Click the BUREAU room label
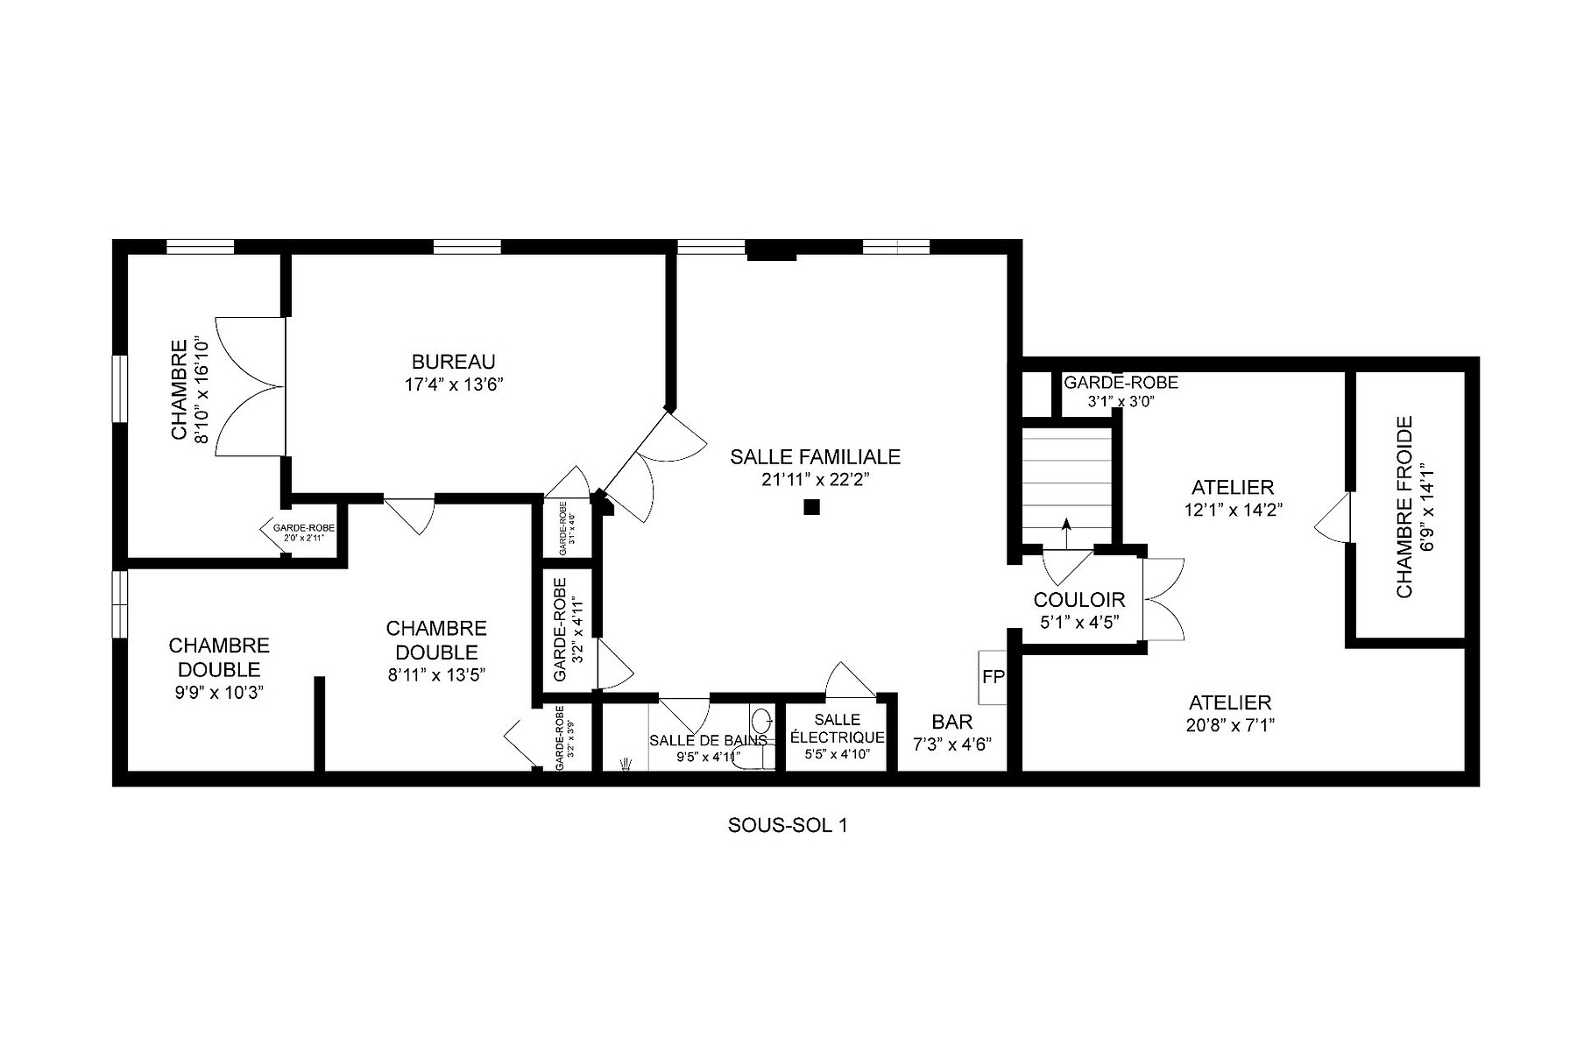pos(453,362)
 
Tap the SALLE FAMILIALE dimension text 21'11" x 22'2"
pos(815,479)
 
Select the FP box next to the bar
pos(993,677)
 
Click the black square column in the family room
pos(811,506)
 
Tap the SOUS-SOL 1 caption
pos(787,825)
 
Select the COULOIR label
pos(1078,600)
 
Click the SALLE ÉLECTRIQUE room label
pos(837,729)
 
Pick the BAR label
pos(951,723)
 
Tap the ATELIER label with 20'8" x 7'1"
pos(1230,702)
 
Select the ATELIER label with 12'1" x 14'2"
pos(1233,487)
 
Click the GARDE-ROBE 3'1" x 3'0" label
pos(1121,383)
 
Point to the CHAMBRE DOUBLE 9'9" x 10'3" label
pos(218,657)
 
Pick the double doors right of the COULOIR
pos(1164,600)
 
